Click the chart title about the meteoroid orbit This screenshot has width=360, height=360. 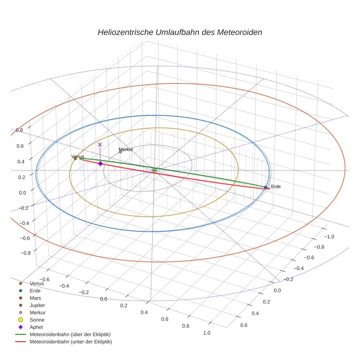[x=180, y=32]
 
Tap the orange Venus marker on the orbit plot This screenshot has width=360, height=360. [x=75, y=159]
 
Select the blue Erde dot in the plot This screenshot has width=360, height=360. [x=266, y=187]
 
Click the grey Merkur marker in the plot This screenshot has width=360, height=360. [x=120, y=152]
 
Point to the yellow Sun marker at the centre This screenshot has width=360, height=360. [x=154, y=170]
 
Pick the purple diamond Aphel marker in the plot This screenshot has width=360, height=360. [x=100, y=164]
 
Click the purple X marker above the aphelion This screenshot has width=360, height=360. [x=100, y=145]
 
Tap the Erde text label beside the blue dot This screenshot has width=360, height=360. [x=276, y=187]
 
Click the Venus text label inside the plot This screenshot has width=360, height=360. [x=78, y=156]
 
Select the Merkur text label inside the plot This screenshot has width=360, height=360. [x=126, y=149]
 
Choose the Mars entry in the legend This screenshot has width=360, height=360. [x=35, y=298]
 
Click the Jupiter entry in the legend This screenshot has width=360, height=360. [x=37, y=305]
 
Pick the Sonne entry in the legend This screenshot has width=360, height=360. [x=37, y=320]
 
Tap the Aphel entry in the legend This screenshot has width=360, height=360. [x=36, y=327]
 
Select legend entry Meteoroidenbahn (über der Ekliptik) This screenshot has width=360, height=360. [x=70, y=335]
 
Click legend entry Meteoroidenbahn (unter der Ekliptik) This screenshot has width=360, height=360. [x=71, y=342]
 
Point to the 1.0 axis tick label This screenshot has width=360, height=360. [x=206, y=333]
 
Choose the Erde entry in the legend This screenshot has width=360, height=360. [x=35, y=291]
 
